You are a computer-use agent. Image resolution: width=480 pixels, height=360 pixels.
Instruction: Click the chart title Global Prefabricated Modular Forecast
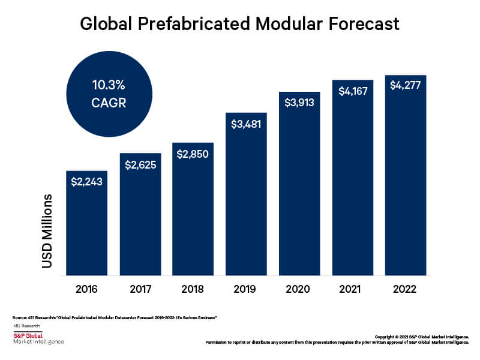tap(240, 25)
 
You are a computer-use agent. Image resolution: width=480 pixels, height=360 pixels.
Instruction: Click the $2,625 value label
tap(140, 164)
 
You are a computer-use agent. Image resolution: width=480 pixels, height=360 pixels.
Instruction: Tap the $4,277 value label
tap(405, 85)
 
